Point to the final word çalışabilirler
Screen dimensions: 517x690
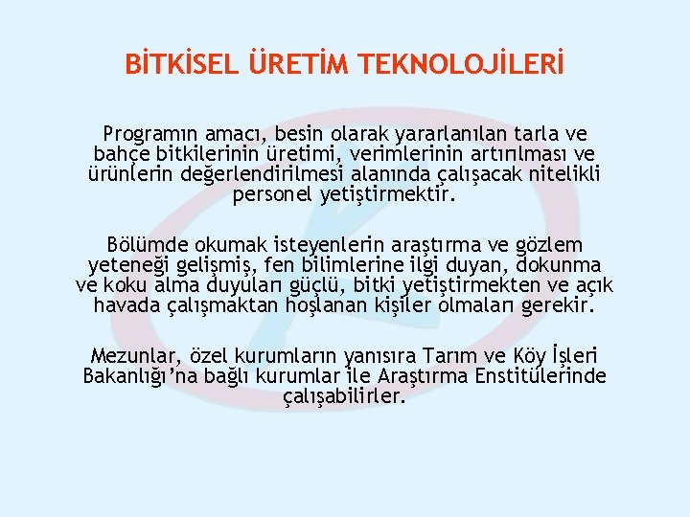click(x=345, y=395)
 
